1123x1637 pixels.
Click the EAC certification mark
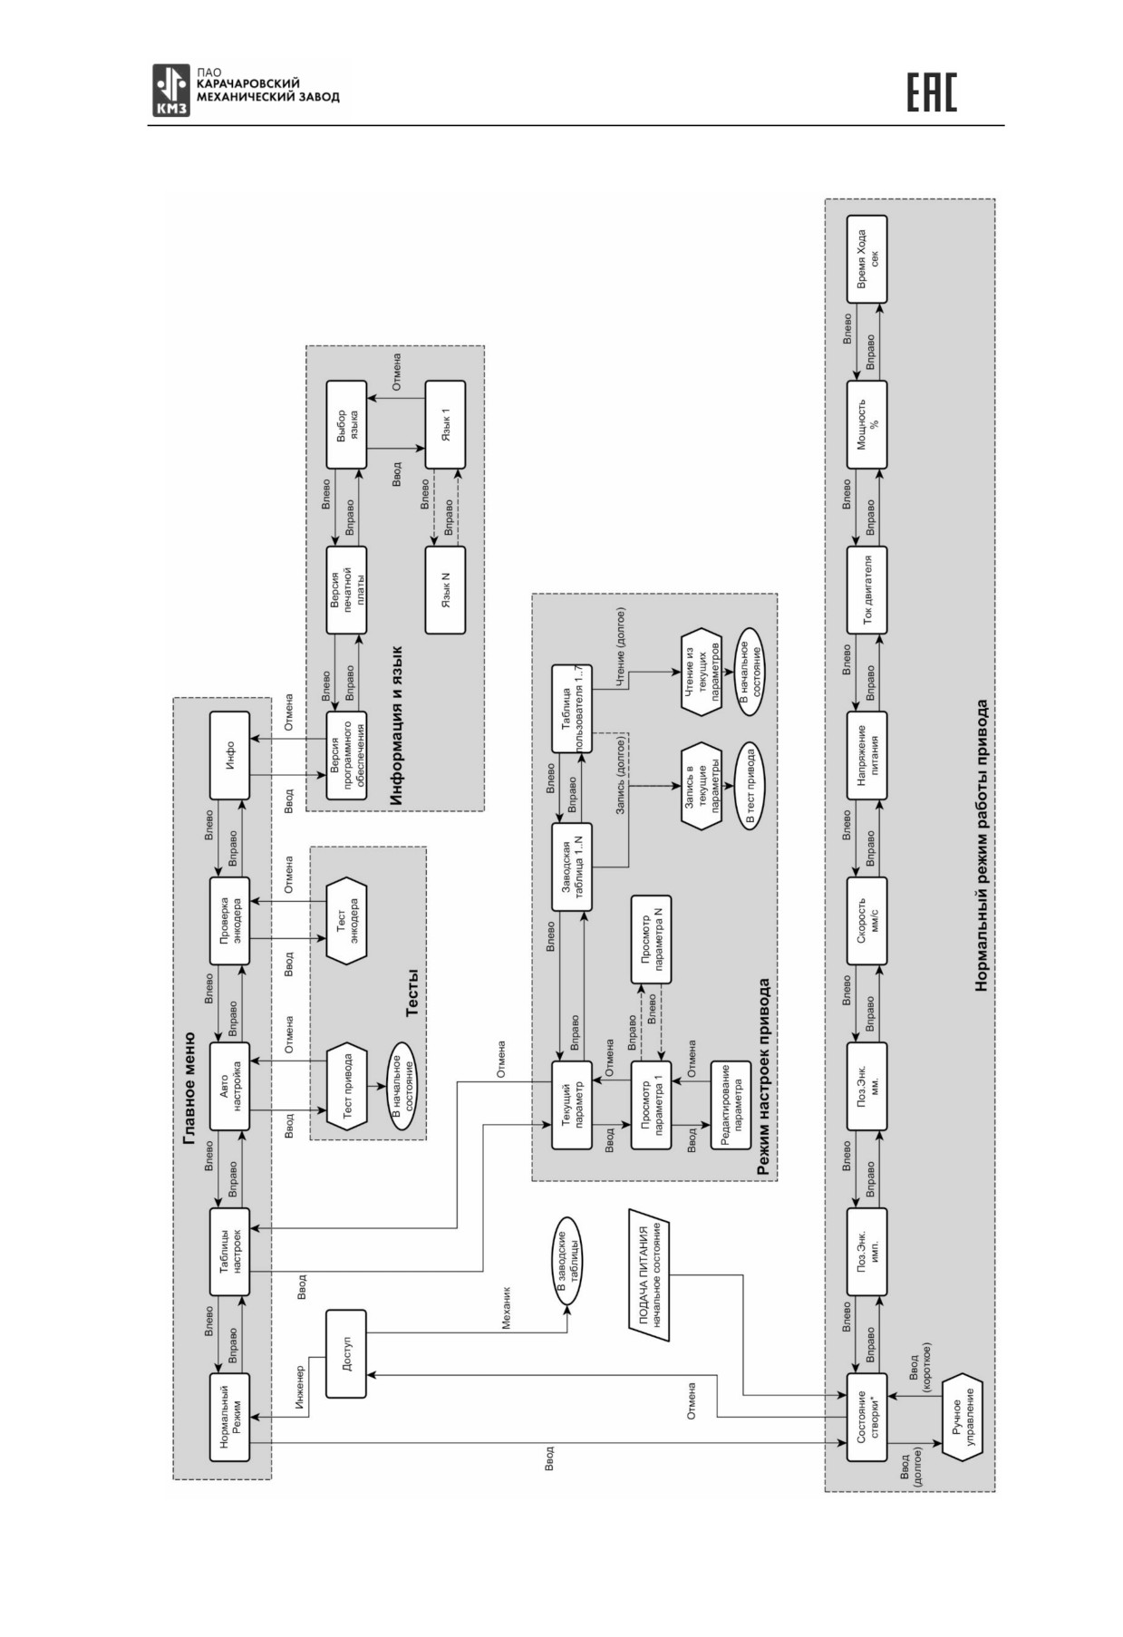(x=932, y=92)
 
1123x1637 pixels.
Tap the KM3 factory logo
(x=172, y=91)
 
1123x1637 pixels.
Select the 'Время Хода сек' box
(x=866, y=259)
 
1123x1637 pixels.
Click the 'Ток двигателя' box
(x=866, y=590)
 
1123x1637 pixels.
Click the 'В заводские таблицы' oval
(x=567, y=1261)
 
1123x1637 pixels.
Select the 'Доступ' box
(x=346, y=1352)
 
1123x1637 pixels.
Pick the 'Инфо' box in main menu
(x=229, y=756)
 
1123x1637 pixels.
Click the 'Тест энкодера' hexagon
(x=346, y=921)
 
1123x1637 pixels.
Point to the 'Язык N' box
(x=445, y=590)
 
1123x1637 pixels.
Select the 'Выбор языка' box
(x=346, y=424)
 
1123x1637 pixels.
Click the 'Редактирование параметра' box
(x=731, y=1105)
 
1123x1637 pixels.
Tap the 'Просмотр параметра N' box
(x=650, y=939)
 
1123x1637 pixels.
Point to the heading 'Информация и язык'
(x=396, y=725)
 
